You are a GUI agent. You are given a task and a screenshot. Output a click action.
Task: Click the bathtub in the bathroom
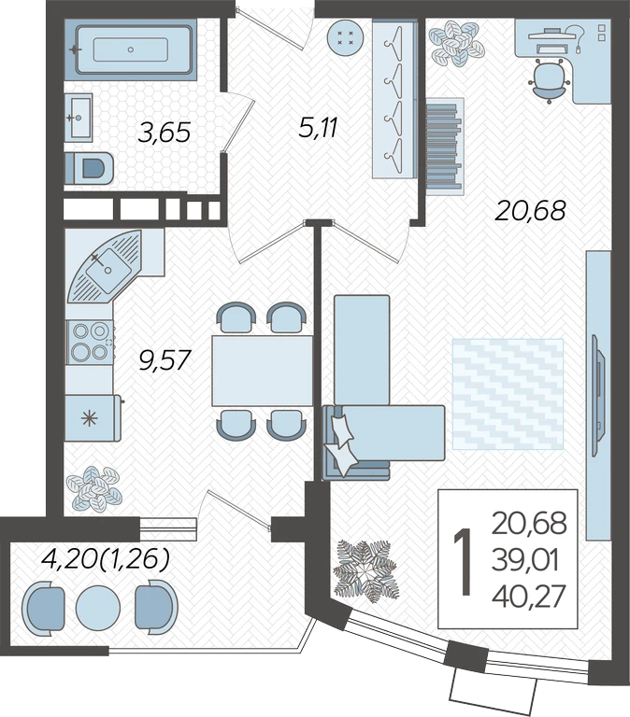pos(131,49)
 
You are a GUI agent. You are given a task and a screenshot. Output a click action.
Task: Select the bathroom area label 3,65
pos(164,134)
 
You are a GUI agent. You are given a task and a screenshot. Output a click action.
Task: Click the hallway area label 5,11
pos(318,128)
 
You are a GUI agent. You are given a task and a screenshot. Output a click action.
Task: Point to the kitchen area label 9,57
pos(164,359)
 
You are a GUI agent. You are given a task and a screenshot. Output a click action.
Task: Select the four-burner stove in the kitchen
pos(90,342)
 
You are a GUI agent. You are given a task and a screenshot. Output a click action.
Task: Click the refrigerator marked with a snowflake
pos(93,418)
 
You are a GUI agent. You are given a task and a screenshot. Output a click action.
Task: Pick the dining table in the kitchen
pos(262,371)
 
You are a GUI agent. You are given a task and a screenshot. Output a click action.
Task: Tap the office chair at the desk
pos(550,80)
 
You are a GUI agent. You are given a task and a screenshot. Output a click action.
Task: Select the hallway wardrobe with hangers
pos(394,99)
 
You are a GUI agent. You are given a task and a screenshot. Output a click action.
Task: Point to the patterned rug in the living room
pos(508,394)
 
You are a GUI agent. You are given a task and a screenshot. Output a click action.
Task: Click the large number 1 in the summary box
pos(464,561)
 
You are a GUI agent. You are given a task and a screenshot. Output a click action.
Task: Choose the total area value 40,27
pos(529,597)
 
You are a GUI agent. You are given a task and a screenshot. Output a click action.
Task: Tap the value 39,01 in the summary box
pos(525,561)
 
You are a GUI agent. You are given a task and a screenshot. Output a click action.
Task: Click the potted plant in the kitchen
pos(93,488)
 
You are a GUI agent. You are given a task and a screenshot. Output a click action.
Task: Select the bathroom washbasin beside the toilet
pos(79,117)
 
